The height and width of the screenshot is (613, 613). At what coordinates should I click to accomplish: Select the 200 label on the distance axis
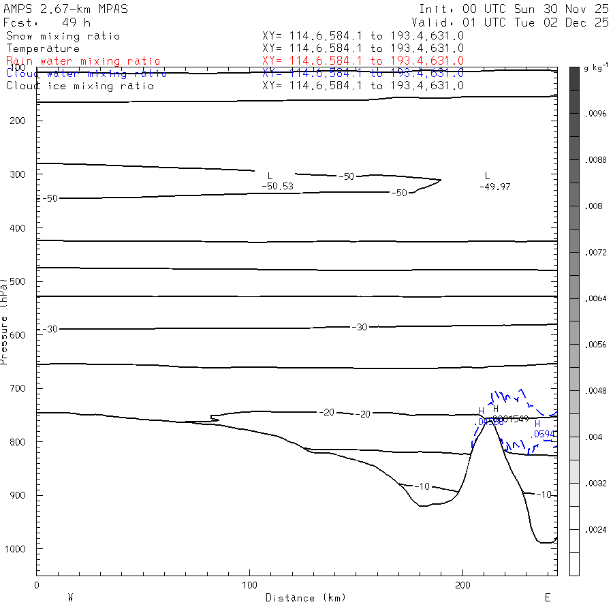pos(463,585)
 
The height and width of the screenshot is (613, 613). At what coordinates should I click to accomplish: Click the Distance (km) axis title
pos(306,598)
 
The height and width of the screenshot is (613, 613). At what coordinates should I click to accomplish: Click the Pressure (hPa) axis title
pos(4,320)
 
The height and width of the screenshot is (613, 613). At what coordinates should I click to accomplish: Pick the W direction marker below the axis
pos(70,598)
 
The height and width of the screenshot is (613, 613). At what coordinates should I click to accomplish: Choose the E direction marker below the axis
pos(547,598)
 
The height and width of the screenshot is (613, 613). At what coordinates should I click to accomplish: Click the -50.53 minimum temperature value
pos(277,186)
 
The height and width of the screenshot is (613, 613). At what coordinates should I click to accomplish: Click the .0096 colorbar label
pos(596,114)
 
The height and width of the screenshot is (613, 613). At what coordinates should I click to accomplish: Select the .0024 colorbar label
pos(596,529)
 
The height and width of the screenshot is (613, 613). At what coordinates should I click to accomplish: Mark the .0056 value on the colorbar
pos(596,345)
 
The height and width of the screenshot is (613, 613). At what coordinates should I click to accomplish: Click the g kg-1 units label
pos(596,69)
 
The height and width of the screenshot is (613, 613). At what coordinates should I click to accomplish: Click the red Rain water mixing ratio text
pos(83,61)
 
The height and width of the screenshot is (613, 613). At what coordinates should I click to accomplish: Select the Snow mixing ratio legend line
pos(63,36)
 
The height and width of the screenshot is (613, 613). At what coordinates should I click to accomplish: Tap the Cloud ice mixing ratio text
pos(80,86)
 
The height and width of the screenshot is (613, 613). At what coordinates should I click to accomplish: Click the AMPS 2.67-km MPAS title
pos(65,9)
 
